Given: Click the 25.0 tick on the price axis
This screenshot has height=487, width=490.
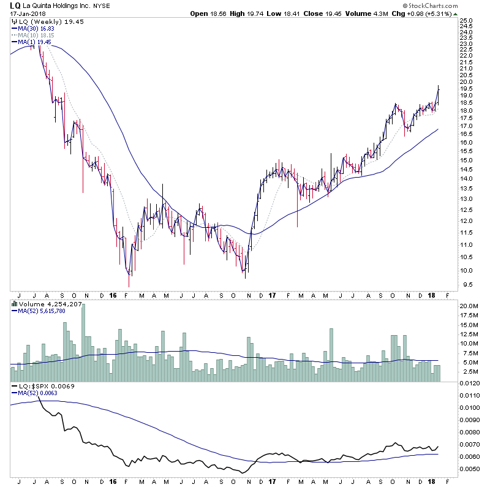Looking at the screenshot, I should coord(467,20).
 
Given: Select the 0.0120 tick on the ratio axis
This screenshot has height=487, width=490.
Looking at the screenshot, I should coord(470,383).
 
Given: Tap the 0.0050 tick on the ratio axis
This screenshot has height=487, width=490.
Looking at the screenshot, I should coord(470,469).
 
